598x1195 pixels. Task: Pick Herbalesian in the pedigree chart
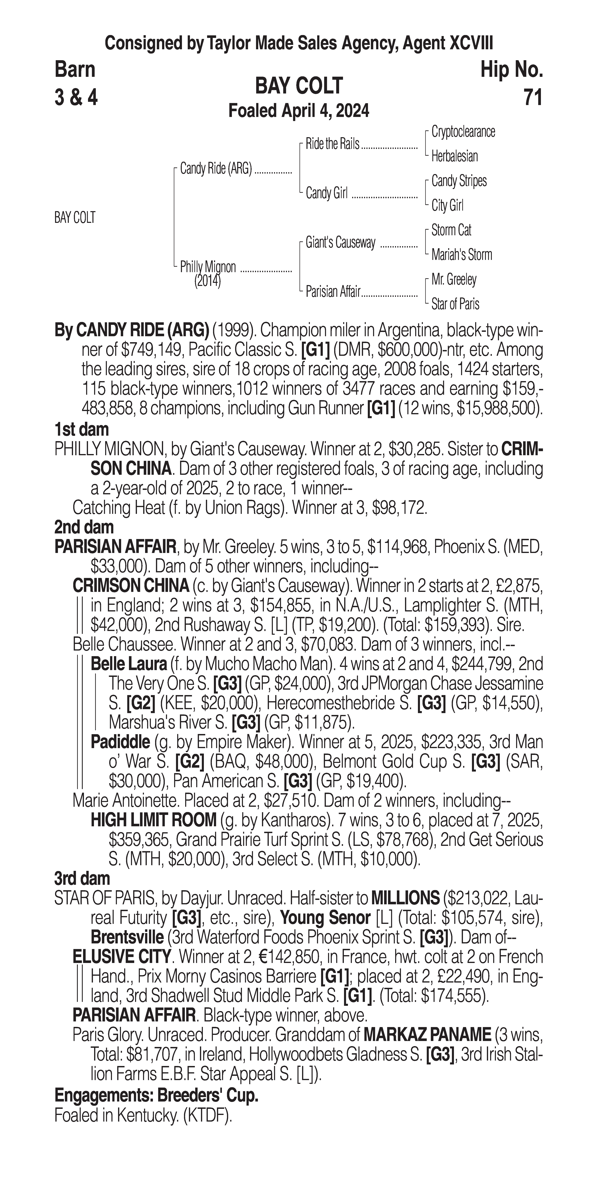(x=454, y=156)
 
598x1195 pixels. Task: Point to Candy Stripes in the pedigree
(x=459, y=181)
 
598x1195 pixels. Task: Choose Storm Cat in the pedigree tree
(x=451, y=230)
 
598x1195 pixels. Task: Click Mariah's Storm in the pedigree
(x=461, y=255)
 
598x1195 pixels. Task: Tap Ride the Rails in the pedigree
(x=332, y=144)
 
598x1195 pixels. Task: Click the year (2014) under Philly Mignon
(x=207, y=281)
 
